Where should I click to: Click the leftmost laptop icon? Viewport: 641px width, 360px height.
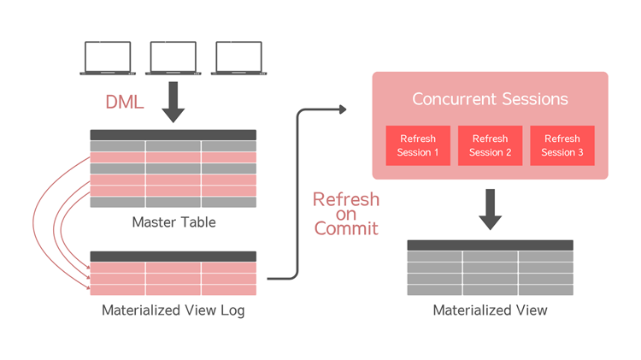point(108,58)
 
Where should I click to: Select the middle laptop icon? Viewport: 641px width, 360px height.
point(173,58)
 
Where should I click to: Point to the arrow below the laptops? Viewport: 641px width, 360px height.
point(173,102)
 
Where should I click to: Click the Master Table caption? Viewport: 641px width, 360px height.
point(173,222)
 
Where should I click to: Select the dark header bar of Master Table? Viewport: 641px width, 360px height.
point(173,135)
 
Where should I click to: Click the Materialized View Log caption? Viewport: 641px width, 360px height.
point(173,310)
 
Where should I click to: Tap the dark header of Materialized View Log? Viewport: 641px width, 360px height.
point(173,257)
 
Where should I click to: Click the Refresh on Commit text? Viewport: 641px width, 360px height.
point(345,214)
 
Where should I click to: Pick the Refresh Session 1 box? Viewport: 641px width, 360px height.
point(417,145)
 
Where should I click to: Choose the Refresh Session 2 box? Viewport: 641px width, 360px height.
point(490,145)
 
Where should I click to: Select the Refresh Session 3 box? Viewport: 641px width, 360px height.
point(562,145)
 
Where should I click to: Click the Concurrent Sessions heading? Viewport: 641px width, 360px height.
point(490,99)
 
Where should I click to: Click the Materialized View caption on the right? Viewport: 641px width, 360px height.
point(490,310)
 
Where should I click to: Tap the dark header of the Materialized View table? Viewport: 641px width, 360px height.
point(490,245)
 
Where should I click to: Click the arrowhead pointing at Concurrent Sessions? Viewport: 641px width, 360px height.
point(343,109)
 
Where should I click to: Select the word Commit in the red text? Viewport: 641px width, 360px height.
point(346,229)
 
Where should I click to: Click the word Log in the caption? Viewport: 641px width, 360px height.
point(231,310)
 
